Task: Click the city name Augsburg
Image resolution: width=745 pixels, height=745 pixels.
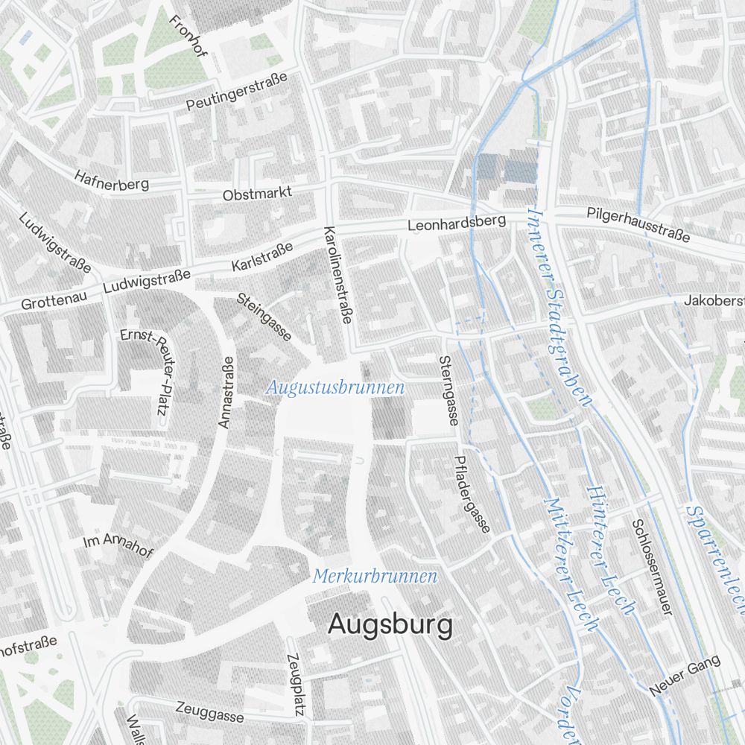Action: (390, 625)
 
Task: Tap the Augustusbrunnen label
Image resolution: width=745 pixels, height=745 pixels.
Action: (335, 387)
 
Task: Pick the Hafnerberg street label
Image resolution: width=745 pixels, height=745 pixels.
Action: (112, 179)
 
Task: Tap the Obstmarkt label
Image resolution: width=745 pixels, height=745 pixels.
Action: (257, 194)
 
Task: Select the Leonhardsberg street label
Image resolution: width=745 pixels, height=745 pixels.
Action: (456, 223)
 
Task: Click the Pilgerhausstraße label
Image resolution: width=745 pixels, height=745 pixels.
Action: (638, 224)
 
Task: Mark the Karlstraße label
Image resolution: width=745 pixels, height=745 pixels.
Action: (261, 256)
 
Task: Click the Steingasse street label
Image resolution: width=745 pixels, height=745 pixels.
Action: (264, 317)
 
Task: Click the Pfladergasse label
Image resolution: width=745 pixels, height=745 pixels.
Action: (472, 494)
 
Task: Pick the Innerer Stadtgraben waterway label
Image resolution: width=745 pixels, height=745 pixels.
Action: (558, 305)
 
